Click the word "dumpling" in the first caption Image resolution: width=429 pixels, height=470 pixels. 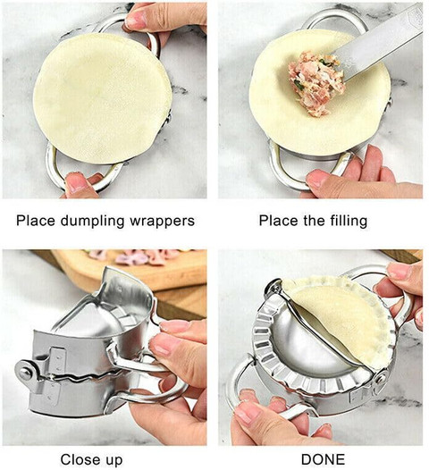(92, 222)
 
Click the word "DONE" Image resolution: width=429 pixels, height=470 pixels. (323, 459)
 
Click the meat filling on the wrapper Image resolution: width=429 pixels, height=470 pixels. (316, 83)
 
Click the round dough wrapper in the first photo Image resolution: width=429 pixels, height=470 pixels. (102, 98)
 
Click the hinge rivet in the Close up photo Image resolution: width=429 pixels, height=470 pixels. (24, 372)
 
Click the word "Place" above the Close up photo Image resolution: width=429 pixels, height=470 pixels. (36, 221)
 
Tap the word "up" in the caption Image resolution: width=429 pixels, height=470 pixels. (114, 461)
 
